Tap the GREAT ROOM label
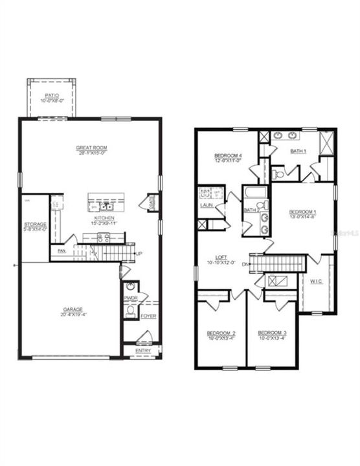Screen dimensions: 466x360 point(91,148)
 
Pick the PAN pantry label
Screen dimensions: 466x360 point(62,250)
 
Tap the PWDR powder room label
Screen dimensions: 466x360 point(130,298)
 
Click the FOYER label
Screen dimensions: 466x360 point(148,316)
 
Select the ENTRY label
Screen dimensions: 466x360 point(143,351)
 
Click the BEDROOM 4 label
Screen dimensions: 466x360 point(228,156)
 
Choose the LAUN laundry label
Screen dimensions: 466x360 point(207,206)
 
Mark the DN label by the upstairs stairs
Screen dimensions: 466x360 point(245,264)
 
